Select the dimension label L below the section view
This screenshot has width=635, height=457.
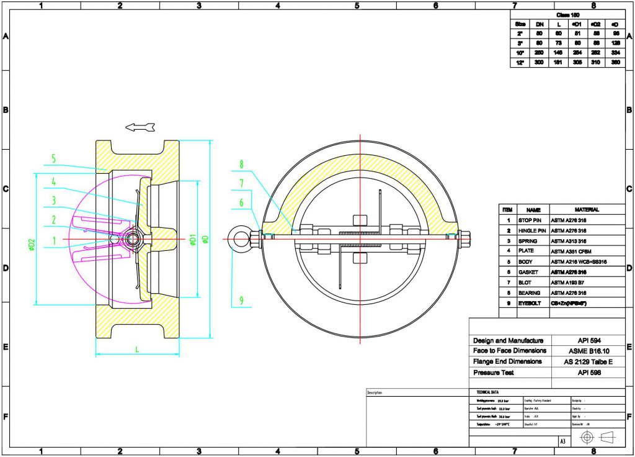(x=136, y=350)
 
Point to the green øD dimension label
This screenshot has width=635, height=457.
(x=203, y=240)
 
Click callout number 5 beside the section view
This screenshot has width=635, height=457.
(x=53, y=159)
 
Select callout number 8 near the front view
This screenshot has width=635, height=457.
(x=242, y=165)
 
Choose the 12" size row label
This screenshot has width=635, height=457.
(x=520, y=63)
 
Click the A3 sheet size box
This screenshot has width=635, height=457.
(x=562, y=441)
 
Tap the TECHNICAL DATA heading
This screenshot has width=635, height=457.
(x=487, y=392)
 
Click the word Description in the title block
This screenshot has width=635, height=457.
(x=375, y=393)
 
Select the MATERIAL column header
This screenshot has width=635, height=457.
(x=587, y=210)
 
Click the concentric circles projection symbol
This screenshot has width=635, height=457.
(x=587, y=438)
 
